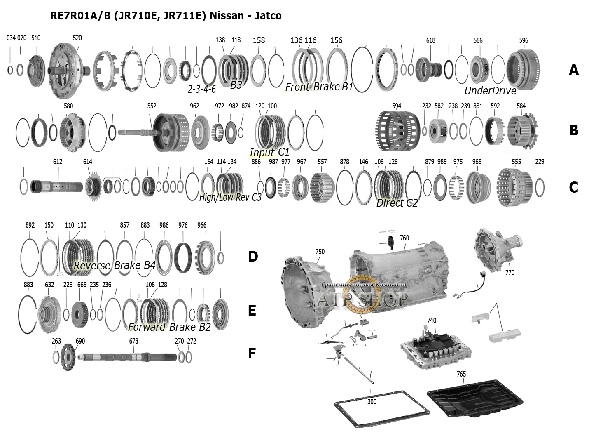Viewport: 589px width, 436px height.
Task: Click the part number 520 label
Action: point(77,38)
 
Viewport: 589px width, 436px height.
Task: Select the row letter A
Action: point(573,70)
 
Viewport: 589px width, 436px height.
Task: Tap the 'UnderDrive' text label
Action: point(490,91)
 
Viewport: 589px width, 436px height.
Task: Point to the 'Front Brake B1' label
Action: point(319,87)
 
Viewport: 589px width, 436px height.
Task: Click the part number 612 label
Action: point(58,162)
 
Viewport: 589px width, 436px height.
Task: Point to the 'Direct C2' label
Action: point(397,203)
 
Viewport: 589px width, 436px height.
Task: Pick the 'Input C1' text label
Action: point(269,152)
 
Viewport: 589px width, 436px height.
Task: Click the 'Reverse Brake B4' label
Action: point(114,265)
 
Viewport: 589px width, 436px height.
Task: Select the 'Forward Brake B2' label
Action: point(169,327)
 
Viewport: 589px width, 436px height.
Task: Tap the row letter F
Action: point(252,353)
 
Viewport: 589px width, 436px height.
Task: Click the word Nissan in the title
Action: point(227,16)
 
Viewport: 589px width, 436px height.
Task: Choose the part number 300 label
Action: point(372,401)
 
